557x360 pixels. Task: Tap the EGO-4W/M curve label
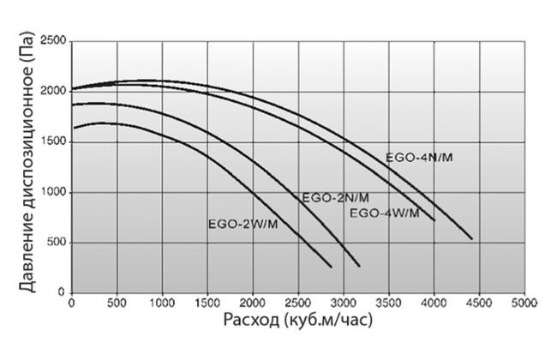(385, 213)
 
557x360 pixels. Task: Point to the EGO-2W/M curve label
(243, 225)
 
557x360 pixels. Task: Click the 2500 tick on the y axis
(54, 41)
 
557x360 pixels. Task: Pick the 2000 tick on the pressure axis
(54, 92)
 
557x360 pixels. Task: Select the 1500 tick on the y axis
(54, 142)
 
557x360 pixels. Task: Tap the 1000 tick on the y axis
(54, 193)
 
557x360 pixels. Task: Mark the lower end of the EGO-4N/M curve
(471, 238)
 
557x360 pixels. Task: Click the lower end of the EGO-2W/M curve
(331, 267)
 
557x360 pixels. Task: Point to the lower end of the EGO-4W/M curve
(434, 220)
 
